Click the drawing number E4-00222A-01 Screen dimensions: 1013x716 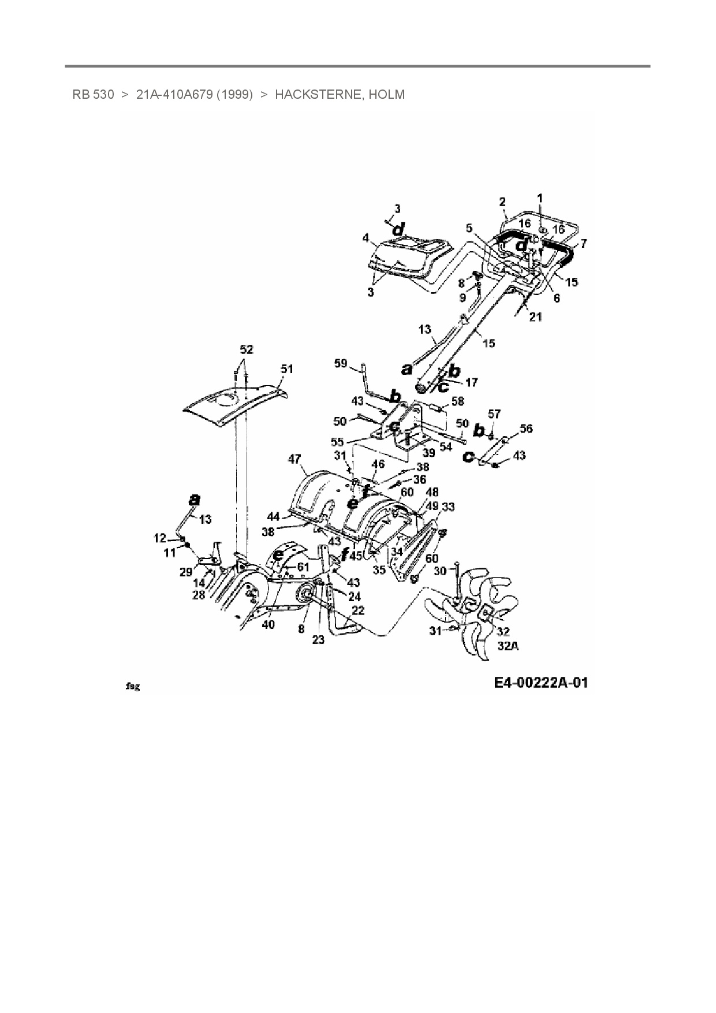click(541, 683)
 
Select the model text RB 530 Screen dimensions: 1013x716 click(93, 94)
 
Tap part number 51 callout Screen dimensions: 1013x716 click(287, 368)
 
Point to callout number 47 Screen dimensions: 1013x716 click(294, 459)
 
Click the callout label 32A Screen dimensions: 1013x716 click(508, 646)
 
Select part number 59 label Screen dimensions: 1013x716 click(341, 363)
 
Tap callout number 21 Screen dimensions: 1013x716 click(535, 317)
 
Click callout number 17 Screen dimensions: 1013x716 click(471, 382)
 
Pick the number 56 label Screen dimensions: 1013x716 click(525, 429)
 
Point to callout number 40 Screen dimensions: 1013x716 click(268, 624)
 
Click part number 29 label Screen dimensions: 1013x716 click(186, 572)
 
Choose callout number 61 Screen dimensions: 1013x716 click(303, 567)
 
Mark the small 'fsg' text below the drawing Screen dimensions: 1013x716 click(133, 687)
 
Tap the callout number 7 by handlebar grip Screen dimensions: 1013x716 click(584, 244)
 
